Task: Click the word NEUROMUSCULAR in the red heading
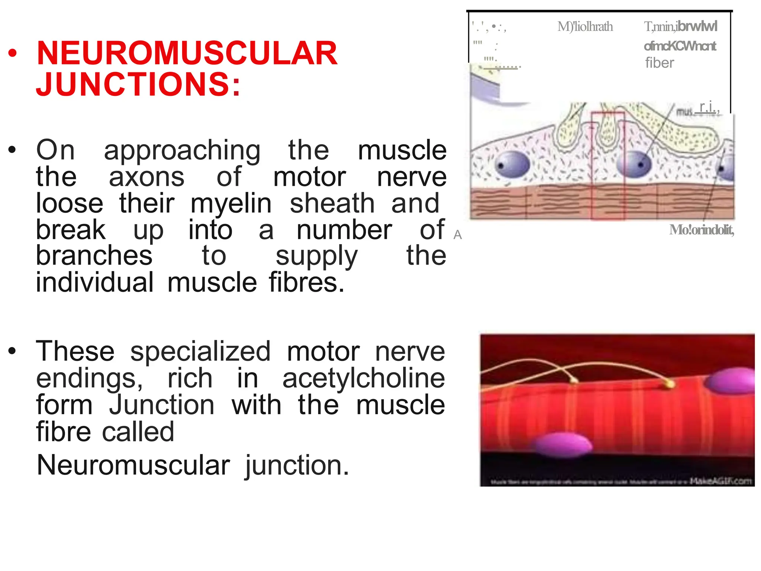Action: (187, 53)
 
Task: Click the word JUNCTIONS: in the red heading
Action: (138, 84)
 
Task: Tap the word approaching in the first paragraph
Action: (182, 150)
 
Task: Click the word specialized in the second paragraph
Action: (200, 351)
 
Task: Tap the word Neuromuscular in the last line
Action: (133, 465)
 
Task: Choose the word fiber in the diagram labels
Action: (659, 63)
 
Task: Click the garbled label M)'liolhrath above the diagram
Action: (585, 27)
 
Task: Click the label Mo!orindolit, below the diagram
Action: (701, 230)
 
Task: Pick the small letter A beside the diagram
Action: (457, 235)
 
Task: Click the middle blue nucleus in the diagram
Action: (634, 164)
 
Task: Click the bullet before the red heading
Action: (12, 53)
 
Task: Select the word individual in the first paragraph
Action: (94, 283)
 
